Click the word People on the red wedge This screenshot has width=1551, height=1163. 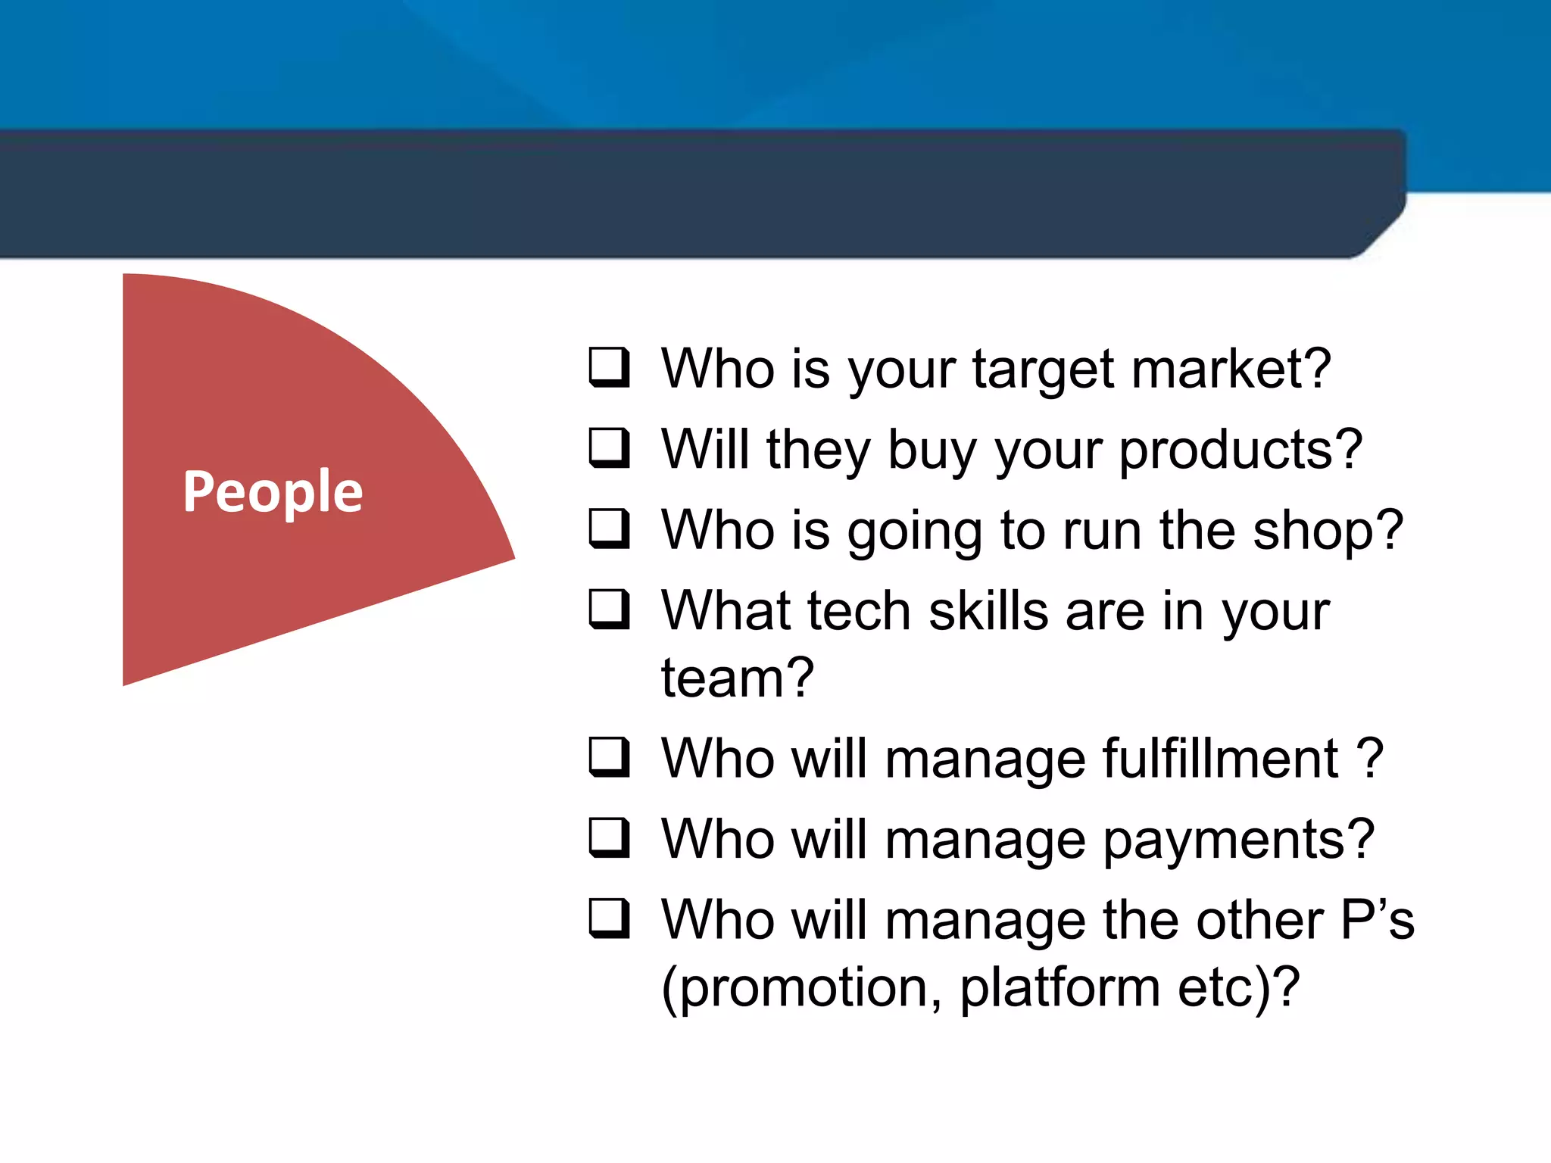point(273,492)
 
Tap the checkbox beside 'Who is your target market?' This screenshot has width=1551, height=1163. point(609,367)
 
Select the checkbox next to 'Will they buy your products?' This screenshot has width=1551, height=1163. point(609,448)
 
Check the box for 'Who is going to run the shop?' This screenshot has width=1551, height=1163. point(609,528)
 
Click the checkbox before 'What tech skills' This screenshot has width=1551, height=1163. point(609,610)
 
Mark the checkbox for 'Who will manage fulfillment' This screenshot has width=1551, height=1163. point(609,757)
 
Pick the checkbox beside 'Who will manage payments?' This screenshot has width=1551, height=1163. point(609,838)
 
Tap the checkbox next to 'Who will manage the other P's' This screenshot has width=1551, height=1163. point(609,918)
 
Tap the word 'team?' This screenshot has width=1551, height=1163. point(737,677)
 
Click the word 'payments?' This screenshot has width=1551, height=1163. point(1238,840)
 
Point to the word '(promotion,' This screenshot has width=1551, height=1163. point(801,988)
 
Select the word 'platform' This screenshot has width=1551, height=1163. point(1059,988)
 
